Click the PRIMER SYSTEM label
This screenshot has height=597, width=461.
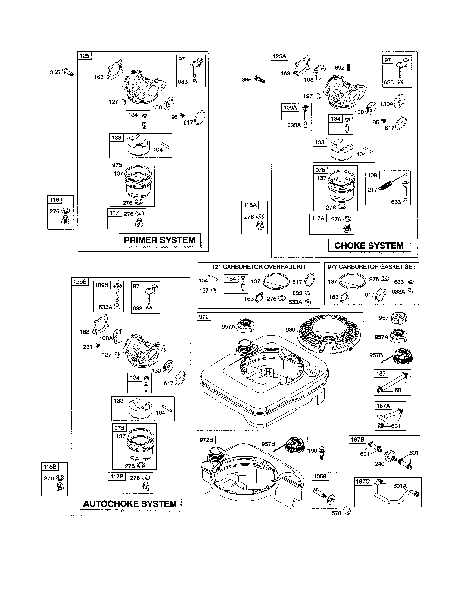160,240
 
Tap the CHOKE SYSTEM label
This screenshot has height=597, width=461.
369,246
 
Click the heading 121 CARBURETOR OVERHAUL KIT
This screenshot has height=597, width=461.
259,267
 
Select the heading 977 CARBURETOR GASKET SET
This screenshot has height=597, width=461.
372,267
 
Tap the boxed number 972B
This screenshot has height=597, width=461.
206,440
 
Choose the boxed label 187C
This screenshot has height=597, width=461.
363,481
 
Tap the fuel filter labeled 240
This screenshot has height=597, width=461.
391,456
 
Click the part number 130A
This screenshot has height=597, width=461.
387,104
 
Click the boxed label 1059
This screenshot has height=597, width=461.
320,477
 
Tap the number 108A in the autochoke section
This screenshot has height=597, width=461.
106,338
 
